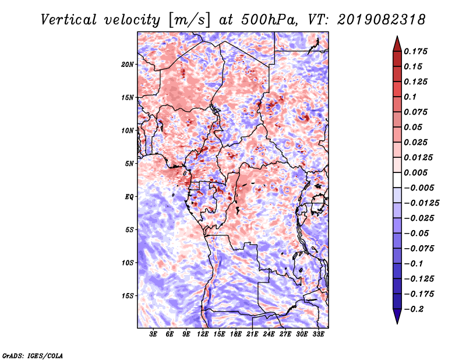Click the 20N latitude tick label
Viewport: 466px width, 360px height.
[128, 64]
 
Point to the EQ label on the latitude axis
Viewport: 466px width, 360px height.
[130, 197]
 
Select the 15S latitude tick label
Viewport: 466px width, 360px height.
[128, 296]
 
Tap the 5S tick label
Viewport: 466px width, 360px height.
[129, 230]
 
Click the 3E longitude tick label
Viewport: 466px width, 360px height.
[154, 334]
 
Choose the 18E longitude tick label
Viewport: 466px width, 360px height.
[236, 334]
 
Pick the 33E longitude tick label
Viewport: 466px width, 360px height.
[318, 334]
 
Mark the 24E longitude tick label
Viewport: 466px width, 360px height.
[269, 334]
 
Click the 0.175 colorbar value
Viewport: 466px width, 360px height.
[418, 51]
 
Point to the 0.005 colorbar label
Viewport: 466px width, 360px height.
[418, 173]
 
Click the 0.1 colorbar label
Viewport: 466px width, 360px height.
[412, 97]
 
